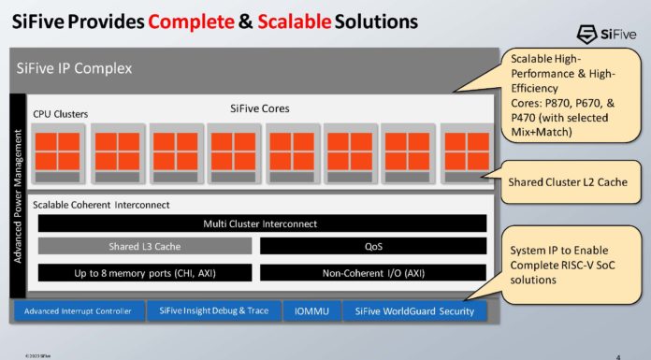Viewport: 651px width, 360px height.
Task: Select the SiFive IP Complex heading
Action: pos(75,68)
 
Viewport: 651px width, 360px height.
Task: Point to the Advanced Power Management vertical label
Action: pos(18,196)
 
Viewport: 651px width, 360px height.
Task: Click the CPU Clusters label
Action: pos(61,114)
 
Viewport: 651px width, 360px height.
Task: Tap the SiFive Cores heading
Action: pos(260,108)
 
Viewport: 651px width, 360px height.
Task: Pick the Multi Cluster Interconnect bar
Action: pos(260,223)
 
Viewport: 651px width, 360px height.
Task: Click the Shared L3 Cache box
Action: pos(144,247)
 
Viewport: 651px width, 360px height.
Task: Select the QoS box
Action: pos(372,247)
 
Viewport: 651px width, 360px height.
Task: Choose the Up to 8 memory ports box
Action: pos(144,272)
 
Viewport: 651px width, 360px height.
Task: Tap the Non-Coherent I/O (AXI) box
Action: pos(372,272)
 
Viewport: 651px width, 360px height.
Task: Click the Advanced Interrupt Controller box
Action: pos(79,310)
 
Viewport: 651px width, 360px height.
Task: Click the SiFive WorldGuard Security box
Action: pos(414,310)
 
